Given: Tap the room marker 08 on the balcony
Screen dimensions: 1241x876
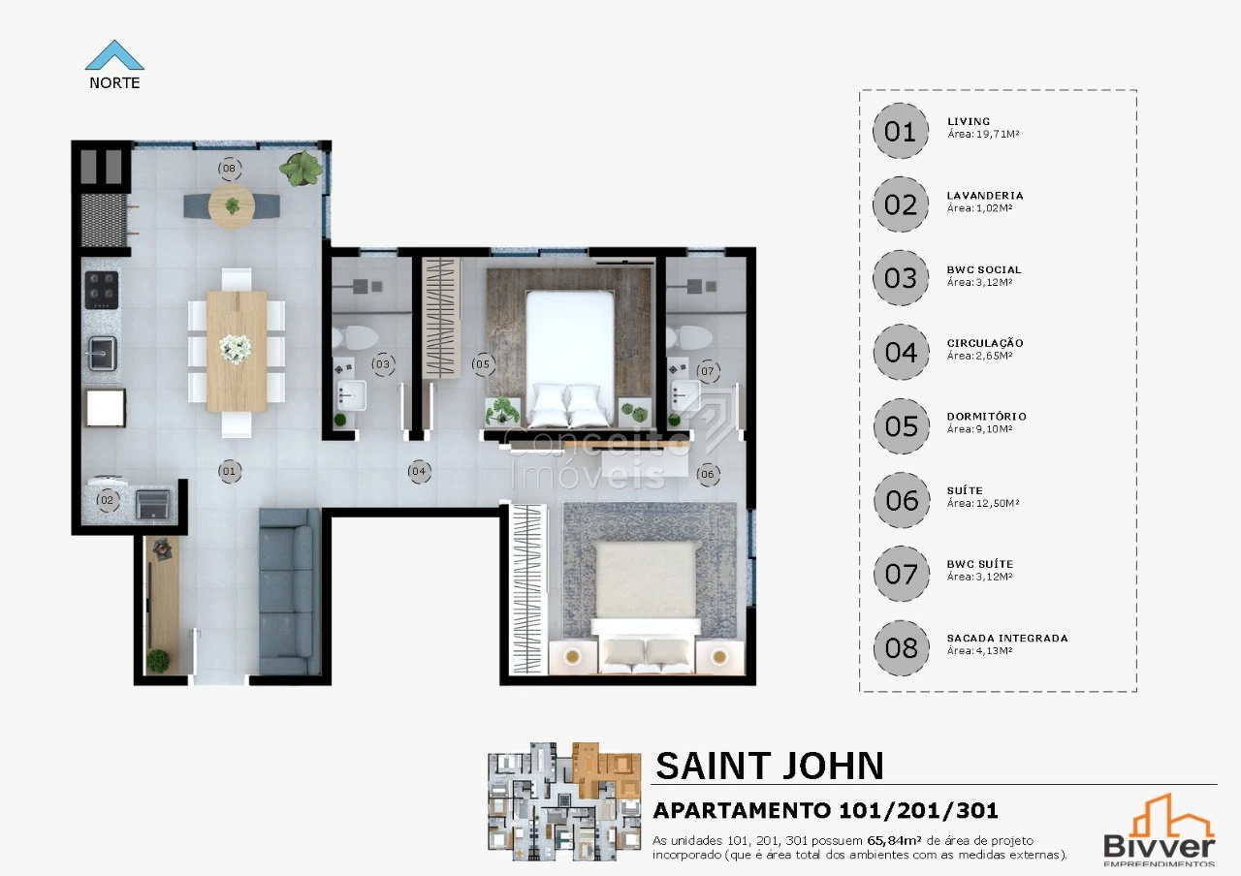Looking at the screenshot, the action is coord(230,169).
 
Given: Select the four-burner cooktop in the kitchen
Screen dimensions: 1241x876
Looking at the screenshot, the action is coord(102,290).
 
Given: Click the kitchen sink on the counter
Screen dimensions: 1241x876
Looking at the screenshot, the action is coord(103,354).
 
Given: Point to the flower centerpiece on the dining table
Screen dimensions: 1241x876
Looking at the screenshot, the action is coord(236,349).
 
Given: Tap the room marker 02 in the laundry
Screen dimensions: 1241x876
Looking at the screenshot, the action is coord(107,501).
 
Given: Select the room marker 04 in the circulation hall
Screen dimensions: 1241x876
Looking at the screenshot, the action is coord(419,471).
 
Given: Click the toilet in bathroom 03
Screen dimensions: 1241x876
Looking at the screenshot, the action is coord(355,337).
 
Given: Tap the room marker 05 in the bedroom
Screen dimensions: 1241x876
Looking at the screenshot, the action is coord(483,364).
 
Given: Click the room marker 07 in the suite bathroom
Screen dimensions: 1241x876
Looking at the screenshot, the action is coord(708,371).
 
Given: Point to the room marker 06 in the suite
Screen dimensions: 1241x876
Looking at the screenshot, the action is coord(708,474).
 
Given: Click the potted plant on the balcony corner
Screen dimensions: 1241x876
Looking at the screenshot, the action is coord(301,168).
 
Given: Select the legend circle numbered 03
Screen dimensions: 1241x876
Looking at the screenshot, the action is coord(901,278).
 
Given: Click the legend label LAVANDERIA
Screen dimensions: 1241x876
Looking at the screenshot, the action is coord(985,196).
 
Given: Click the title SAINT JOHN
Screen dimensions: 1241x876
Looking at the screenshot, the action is coord(770,766).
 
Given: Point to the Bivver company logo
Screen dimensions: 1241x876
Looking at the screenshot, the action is coord(1159,829).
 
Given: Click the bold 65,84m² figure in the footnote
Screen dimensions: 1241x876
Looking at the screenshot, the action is coord(894,840).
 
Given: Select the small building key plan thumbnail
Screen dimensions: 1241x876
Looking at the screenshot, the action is coord(564,801).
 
